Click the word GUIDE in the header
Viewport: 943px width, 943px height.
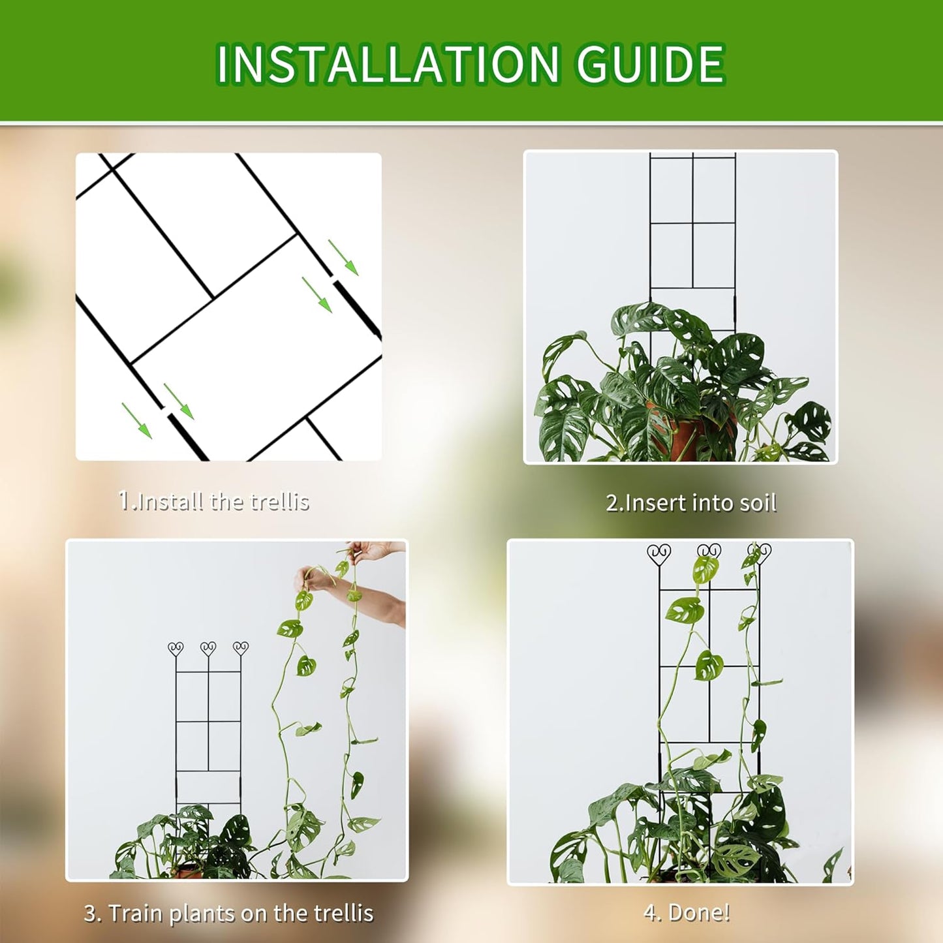point(649,64)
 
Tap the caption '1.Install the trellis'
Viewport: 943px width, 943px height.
point(213,501)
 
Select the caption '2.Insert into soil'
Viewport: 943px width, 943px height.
point(691,502)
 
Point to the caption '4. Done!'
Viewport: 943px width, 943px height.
point(687,912)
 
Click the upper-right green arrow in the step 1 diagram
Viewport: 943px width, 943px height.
point(343,257)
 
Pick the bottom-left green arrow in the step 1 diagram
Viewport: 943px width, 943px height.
point(136,421)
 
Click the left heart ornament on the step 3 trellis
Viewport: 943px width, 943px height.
point(176,649)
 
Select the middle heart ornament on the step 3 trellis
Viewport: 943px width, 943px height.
point(208,649)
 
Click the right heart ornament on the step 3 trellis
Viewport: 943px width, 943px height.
point(241,649)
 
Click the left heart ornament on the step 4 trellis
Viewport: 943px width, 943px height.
point(659,555)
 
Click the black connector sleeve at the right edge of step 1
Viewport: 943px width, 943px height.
point(358,311)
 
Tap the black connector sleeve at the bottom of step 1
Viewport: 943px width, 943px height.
point(187,437)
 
